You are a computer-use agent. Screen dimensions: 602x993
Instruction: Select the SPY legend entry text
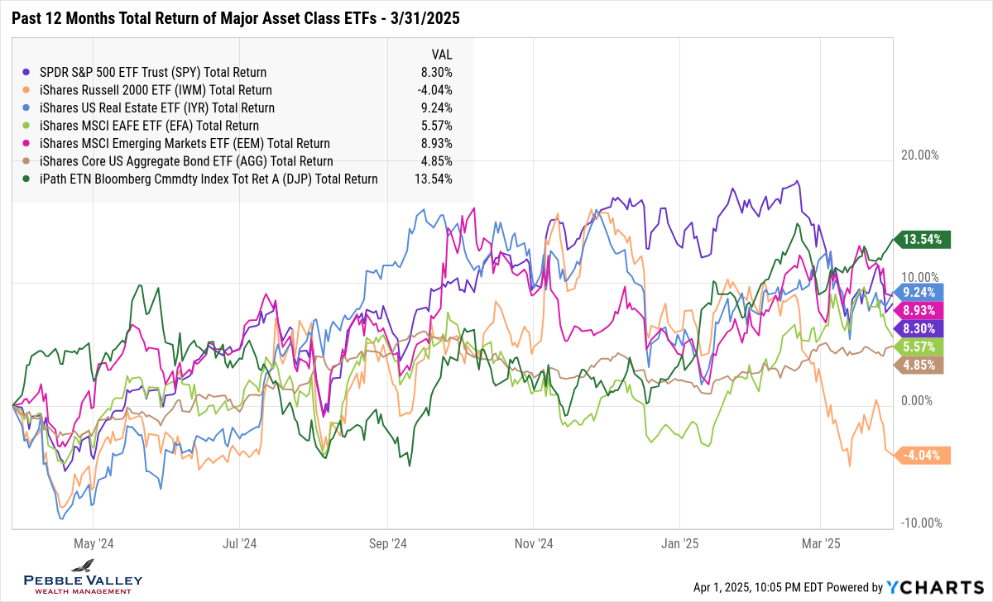pos(152,72)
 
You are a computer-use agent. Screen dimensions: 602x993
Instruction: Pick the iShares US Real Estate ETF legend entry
pos(156,107)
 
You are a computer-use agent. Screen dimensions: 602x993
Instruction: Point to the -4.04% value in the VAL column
pos(435,90)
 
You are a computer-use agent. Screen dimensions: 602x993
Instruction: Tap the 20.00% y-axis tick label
pos(919,155)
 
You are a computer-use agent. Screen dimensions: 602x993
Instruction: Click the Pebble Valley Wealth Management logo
pos(83,576)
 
